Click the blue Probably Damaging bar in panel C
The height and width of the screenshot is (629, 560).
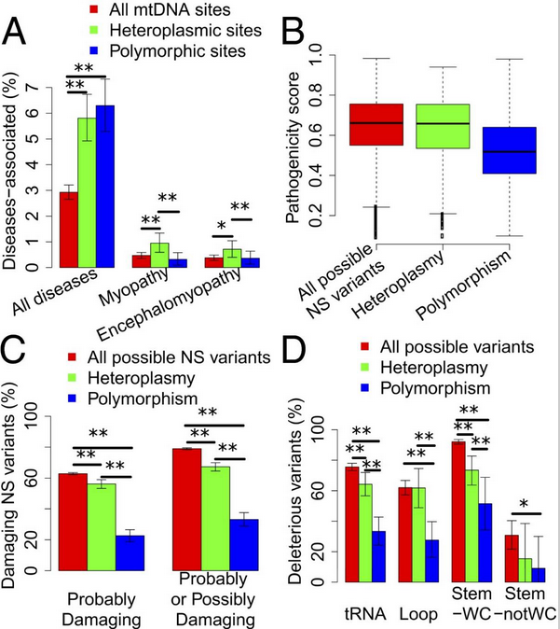point(130,552)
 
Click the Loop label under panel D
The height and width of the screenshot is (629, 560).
point(413,616)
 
